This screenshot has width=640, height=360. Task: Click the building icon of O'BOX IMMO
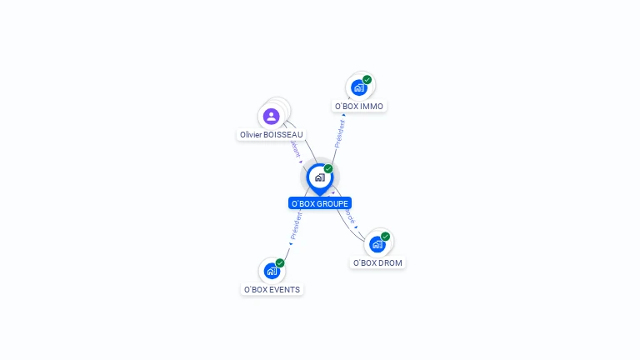[x=359, y=87]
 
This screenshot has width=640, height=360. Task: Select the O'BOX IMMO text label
[x=359, y=107]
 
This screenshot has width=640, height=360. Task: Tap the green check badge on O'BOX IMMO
[x=367, y=80]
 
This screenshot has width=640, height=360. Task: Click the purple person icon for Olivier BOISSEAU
[x=271, y=116]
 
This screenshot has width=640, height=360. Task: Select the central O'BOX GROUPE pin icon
[x=319, y=177]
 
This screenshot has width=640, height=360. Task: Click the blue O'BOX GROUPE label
[x=320, y=203]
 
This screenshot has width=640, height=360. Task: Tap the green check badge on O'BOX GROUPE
[x=328, y=168]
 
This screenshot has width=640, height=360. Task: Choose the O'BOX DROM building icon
[x=377, y=244]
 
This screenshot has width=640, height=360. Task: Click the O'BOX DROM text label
[x=377, y=262]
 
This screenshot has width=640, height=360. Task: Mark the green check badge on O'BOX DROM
[x=385, y=237]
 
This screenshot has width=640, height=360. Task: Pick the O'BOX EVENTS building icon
[x=272, y=271]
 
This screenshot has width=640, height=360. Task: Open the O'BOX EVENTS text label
[x=272, y=290]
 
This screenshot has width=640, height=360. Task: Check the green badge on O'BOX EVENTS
[x=280, y=263]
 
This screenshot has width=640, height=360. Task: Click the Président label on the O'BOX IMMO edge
[x=340, y=132]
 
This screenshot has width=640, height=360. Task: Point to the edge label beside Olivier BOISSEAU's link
[x=293, y=148]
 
